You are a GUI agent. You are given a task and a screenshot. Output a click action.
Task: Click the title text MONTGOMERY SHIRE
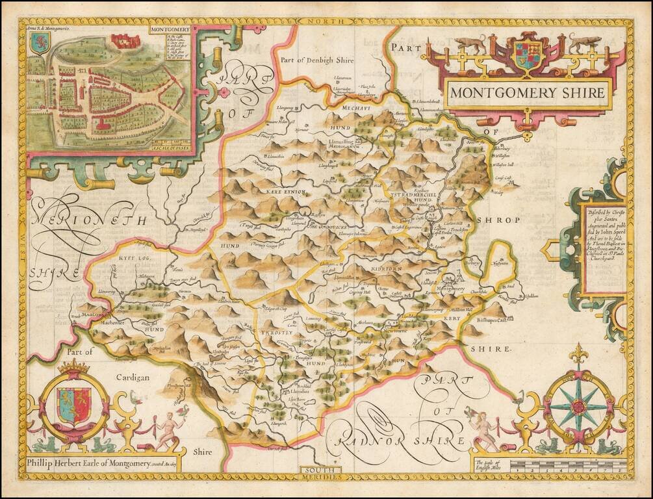pos(528,92)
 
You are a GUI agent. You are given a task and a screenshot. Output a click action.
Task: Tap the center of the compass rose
pos(578,407)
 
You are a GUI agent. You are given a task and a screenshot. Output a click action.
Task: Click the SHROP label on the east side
pos(499,220)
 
